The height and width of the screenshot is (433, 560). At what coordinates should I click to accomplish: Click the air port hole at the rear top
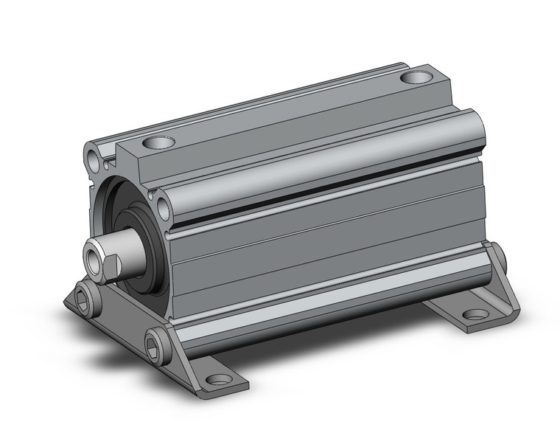click(416, 76)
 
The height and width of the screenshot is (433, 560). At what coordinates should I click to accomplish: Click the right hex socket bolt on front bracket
click(155, 346)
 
